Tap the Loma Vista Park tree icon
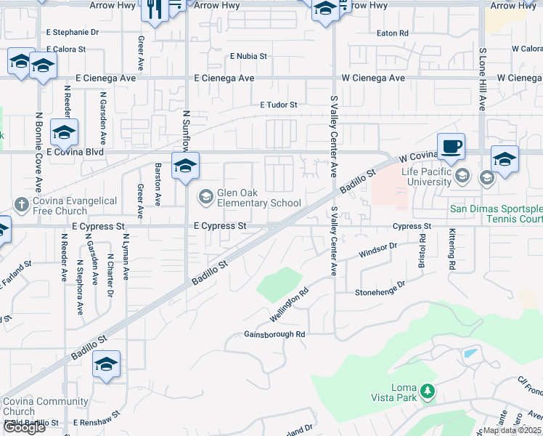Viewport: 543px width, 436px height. [428, 392]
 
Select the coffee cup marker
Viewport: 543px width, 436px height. [450, 146]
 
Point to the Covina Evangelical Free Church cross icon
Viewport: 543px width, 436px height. [22, 206]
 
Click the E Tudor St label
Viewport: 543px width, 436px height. [279, 105]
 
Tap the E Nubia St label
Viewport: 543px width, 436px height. [249, 56]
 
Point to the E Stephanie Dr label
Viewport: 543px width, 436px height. [72, 32]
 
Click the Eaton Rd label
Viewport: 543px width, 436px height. [393, 33]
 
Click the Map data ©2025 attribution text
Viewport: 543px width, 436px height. [512, 430]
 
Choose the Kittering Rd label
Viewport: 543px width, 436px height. [452, 249]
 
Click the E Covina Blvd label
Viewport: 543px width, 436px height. [75, 153]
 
